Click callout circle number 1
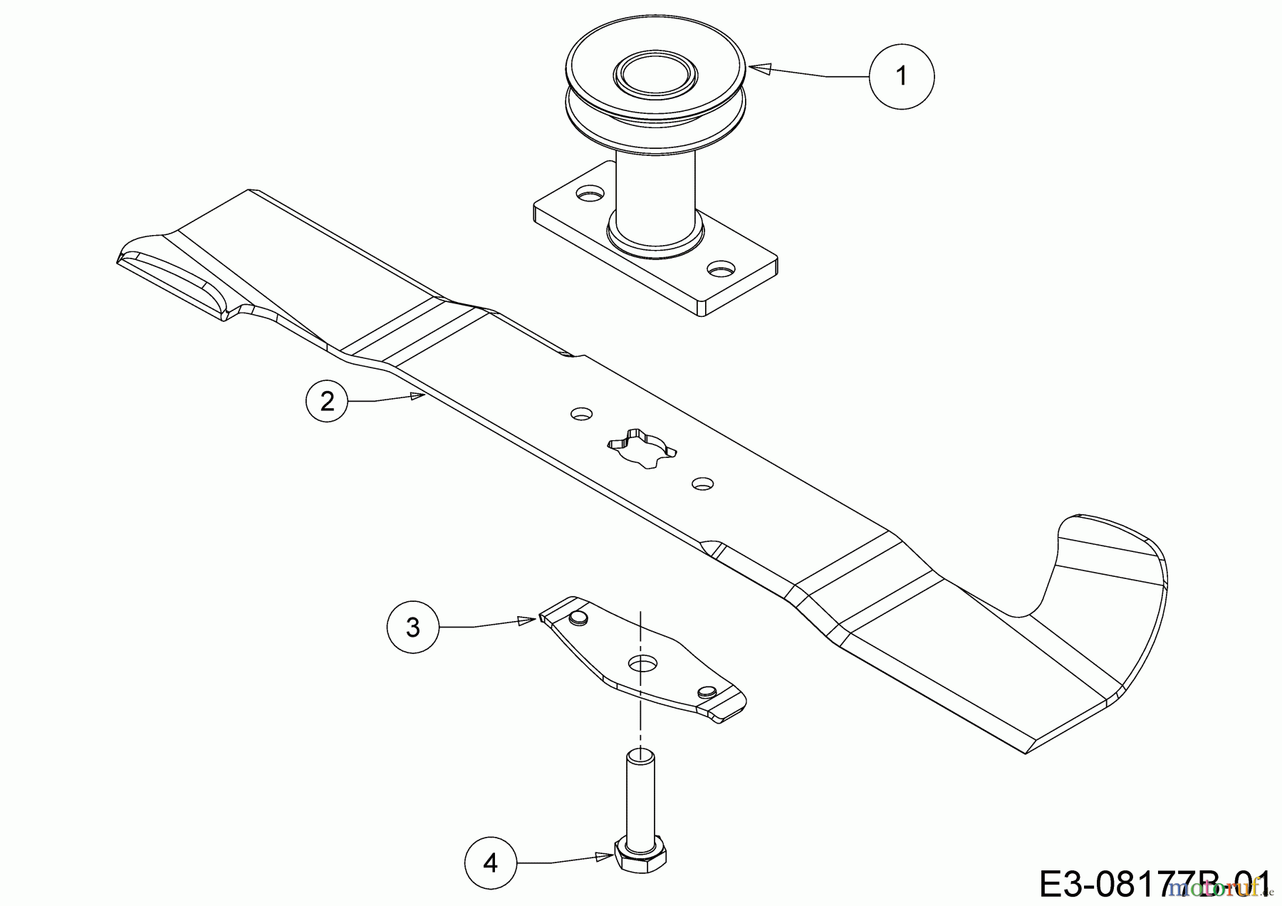pyautogui.click(x=902, y=75)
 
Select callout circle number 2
pyautogui.click(x=327, y=402)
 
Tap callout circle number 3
pyautogui.click(x=413, y=628)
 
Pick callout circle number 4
pyautogui.click(x=491, y=863)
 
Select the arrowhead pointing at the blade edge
pyautogui.click(x=418, y=396)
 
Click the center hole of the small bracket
pyautogui.click(x=642, y=663)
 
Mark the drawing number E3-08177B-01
pyautogui.click(x=1154, y=883)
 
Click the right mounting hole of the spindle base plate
pyautogui.click(x=721, y=269)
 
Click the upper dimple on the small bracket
pyautogui.click(x=578, y=617)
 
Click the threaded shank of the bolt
pyautogui.click(x=640, y=791)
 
